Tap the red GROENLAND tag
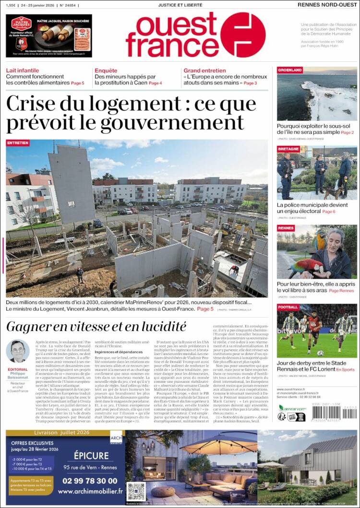(x=289, y=70)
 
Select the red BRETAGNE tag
(x=288, y=149)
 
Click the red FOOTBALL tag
(x=288, y=307)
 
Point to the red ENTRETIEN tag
(x=18, y=143)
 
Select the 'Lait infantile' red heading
(x=23, y=71)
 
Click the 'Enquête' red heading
(x=106, y=71)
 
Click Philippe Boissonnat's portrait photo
(x=18, y=352)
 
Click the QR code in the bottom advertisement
(x=136, y=491)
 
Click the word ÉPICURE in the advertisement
(x=91, y=456)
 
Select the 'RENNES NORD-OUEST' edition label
(x=327, y=5)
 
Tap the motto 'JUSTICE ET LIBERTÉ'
(x=180, y=5)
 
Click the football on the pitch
(x=320, y=353)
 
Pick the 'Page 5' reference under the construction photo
(x=205, y=309)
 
